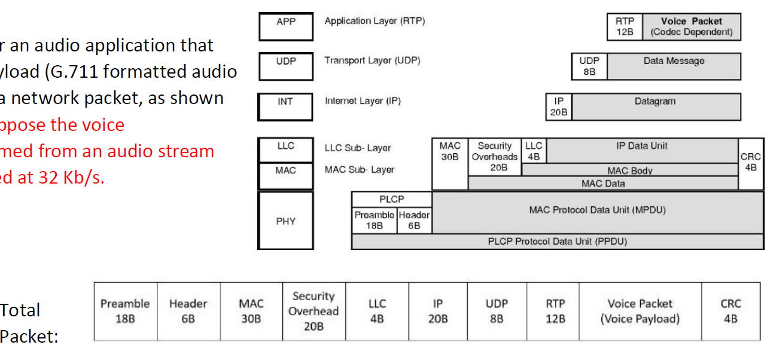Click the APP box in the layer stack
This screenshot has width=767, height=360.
pyautogui.click(x=285, y=27)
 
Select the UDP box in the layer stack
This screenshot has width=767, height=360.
pyautogui.click(x=285, y=66)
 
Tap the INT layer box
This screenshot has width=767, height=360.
pyautogui.click(x=285, y=106)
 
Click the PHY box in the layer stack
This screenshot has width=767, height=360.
pyautogui.click(x=285, y=221)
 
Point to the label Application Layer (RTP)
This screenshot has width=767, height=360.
pyautogui.click(x=375, y=21)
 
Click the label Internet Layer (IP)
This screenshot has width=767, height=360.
pyautogui.click(x=363, y=101)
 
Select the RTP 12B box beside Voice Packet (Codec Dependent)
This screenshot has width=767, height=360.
pyautogui.click(x=625, y=27)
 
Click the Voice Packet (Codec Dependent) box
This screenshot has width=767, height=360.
pyautogui.click(x=691, y=27)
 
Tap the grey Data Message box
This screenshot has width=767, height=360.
pyautogui.click(x=674, y=66)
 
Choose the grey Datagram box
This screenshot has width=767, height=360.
pyautogui.click(x=655, y=106)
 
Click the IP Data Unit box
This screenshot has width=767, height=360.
pyautogui.click(x=641, y=151)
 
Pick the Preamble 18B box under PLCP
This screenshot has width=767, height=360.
pyautogui.click(x=374, y=220)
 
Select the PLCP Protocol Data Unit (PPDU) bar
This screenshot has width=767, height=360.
pyautogui.click(x=557, y=242)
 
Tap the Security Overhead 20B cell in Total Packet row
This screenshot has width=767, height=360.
pyautogui.click(x=313, y=312)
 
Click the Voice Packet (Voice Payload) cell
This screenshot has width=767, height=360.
pyautogui.click(x=640, y=312)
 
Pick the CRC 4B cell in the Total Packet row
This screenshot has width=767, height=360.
pyautogui.click(x=730, y=312)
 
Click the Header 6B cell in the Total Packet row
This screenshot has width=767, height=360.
pyautogui.click(x=188, y=312)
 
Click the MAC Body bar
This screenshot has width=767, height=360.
pyautogui.click(x=629, y=170)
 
